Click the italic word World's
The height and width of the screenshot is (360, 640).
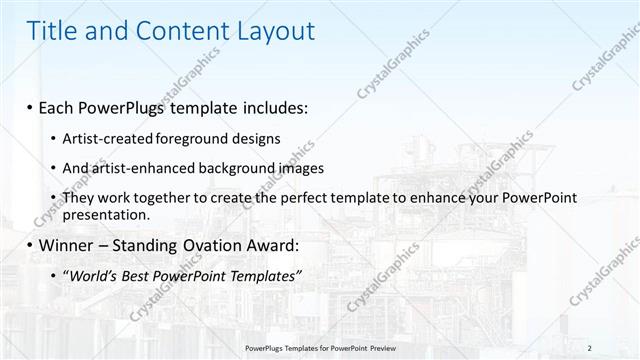pos(94,275)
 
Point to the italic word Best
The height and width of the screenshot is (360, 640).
pos(140,275)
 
